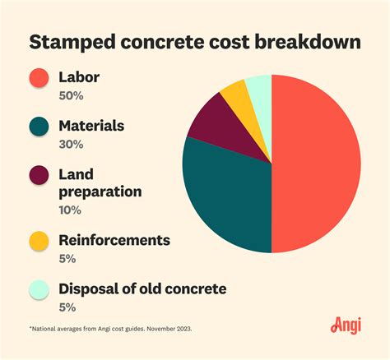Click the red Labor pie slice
click(x=317, y=164)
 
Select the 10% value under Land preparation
click(x=71, y=210)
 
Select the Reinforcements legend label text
click(x=114, y=240)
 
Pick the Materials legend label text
click(x=92, y=127)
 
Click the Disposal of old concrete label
click(x=142, y=288)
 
